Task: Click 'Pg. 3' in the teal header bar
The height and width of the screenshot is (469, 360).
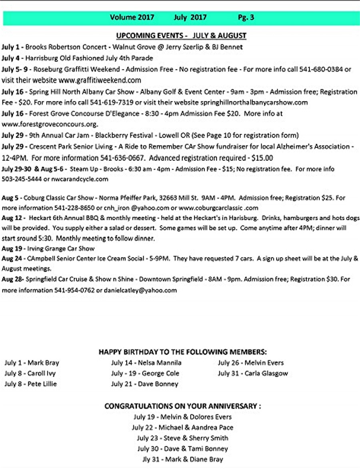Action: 246,17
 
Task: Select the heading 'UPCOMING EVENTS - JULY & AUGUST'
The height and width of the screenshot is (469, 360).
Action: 181,36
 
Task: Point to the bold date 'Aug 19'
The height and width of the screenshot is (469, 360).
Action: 11,249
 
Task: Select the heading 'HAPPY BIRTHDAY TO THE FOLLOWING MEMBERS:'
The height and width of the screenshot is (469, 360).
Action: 182,352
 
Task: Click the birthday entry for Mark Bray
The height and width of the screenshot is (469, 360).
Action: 32,363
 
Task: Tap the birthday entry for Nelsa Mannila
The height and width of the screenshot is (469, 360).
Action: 146,363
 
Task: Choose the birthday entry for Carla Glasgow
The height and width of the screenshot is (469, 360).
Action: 253,373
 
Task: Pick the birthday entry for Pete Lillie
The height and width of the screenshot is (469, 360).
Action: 31,384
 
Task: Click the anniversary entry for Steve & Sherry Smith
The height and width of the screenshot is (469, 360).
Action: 182,438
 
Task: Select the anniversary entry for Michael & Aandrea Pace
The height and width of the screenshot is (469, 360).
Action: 182,427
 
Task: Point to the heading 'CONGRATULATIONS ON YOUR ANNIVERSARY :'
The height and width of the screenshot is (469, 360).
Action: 183,406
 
